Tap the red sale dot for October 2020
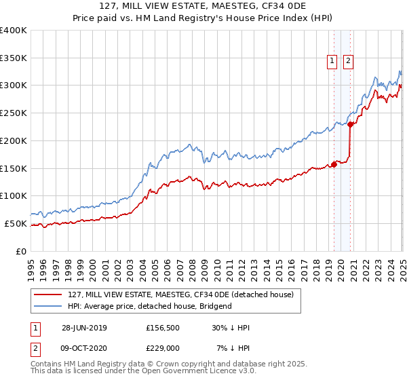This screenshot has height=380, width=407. pos(350,124)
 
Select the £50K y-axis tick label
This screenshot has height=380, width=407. pos(16,223)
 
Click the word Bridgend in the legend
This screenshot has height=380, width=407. pos(216,306)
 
